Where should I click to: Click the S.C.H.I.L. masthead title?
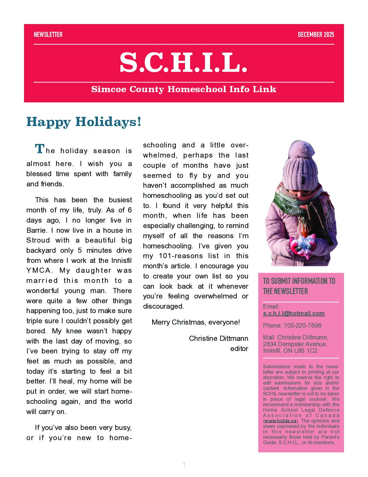tap(184, 63)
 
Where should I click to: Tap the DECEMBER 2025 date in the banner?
tap(316, 35)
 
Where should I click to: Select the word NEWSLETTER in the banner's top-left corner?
tap(48, 35)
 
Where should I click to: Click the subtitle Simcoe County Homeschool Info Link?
tap(184, 89)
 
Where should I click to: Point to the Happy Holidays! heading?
tap(84, 122)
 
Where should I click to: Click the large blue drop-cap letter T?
tap(40, 149)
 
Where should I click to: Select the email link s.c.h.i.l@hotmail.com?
tap(294, 313)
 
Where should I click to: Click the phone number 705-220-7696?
tap(302, 326)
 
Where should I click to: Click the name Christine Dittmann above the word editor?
tap(218, 338)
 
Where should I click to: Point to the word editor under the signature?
tap(239, 349)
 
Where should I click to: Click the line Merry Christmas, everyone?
tap(196, 322)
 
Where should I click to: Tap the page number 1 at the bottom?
tap(184, 464)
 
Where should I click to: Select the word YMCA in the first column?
tap(39, 271)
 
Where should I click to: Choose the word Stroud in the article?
tap(38, 241)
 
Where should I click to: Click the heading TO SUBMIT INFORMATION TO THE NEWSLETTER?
tap(299, 286)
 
